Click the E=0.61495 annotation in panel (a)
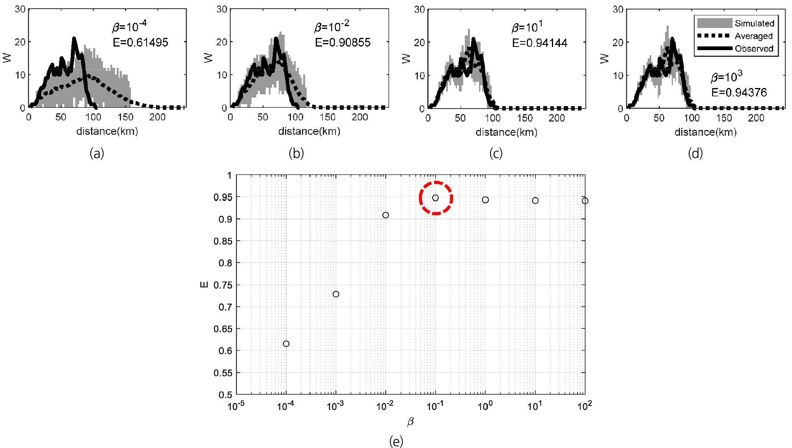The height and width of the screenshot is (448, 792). (x=140, y=42)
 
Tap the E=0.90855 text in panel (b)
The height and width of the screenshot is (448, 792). (x=343, y=42)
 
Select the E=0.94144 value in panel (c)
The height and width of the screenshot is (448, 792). (x=540, y=43)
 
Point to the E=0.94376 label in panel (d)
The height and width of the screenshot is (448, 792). (x=739, y=92)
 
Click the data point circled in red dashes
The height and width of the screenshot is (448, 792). (x=435, y=198)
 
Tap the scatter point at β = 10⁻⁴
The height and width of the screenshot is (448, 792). (x=286, y=344)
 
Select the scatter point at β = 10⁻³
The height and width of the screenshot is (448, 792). (x=336, y=294)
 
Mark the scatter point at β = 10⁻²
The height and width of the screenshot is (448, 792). (x=386, y=215)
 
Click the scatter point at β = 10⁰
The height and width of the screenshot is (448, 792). (x=485, y=200)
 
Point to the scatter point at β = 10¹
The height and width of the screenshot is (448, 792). (x=535, y=201)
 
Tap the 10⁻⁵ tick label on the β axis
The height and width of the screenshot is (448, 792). (x=236, y=406)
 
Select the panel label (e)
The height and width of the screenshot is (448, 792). (x=396, y=441)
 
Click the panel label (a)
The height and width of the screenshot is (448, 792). (x=97, y=153)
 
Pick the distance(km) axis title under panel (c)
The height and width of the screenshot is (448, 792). (x=506, y=132)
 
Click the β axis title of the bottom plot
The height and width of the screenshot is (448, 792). (x=410, y=422)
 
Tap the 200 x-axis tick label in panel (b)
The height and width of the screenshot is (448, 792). (x=360, y=117)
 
